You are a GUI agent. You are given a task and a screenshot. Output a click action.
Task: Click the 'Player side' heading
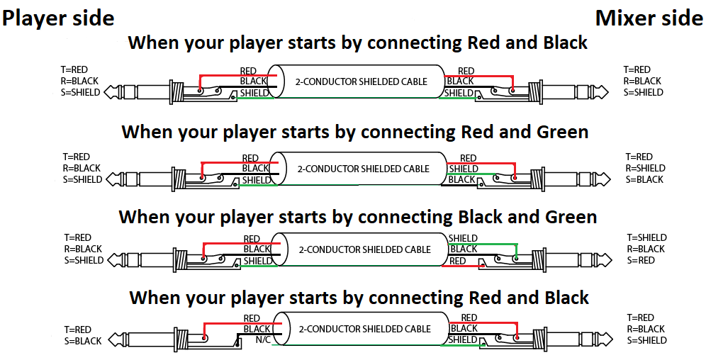point(58,18)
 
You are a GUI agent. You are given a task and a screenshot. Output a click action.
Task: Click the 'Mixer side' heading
point(649,18)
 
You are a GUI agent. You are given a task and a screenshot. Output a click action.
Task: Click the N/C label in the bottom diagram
point(261,340)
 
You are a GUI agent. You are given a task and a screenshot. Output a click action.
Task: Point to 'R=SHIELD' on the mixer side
point(646,168)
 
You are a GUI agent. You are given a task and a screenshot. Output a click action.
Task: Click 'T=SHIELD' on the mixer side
point(647,237)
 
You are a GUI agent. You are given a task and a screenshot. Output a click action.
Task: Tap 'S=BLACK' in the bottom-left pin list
point(83,341)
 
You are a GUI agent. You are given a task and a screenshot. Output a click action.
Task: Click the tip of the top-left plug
point(106,92)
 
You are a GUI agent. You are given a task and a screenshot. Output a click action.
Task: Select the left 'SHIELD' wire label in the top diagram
point(255,93)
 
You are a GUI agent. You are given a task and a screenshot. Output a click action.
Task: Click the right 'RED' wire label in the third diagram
point(458,261)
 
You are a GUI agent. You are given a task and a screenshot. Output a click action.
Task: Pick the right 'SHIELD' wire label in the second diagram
point(464,169)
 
